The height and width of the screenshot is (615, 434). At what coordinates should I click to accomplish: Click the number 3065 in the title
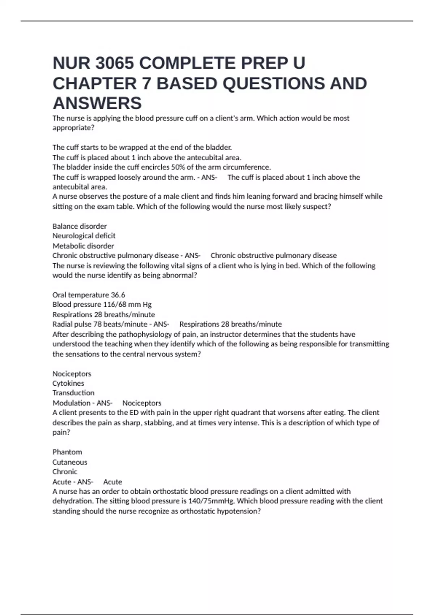pyautogui.click(x=115, y=63)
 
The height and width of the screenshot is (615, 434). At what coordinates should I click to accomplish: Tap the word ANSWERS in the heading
pyautogui.click(x=97, y=103)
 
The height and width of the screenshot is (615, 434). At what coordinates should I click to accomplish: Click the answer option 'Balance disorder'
pyautogui.click(x=80, y=226)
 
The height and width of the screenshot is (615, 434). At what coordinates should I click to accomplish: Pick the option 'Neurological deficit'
pyautogui.click(x=84, y=236)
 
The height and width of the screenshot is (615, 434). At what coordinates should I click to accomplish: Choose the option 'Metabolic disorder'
pyautogui.click(x=83, y=246)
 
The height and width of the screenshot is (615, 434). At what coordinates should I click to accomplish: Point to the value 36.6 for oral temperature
pyautogui.click(x=118, y=295)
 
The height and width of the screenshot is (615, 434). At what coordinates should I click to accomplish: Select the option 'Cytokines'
pyautogui.click(x=68, y=383)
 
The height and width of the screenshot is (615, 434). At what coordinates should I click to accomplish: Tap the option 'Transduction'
pyautogui.click(x=73, y=393)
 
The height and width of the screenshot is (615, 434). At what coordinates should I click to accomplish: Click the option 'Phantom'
pyautogui.click(x=67, y=452)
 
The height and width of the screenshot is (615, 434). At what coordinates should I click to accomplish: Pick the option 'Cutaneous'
pyautogui.click(x=70, y=462)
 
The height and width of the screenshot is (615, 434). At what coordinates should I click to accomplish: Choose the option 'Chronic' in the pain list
pyautogui.click(x=65, y=472)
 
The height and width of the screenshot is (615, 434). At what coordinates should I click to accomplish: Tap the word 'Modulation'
pyautogui.click(x=72, y=403)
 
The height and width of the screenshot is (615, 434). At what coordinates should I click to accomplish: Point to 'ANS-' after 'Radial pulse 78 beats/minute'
pyautogui.click(x=161, y=324)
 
